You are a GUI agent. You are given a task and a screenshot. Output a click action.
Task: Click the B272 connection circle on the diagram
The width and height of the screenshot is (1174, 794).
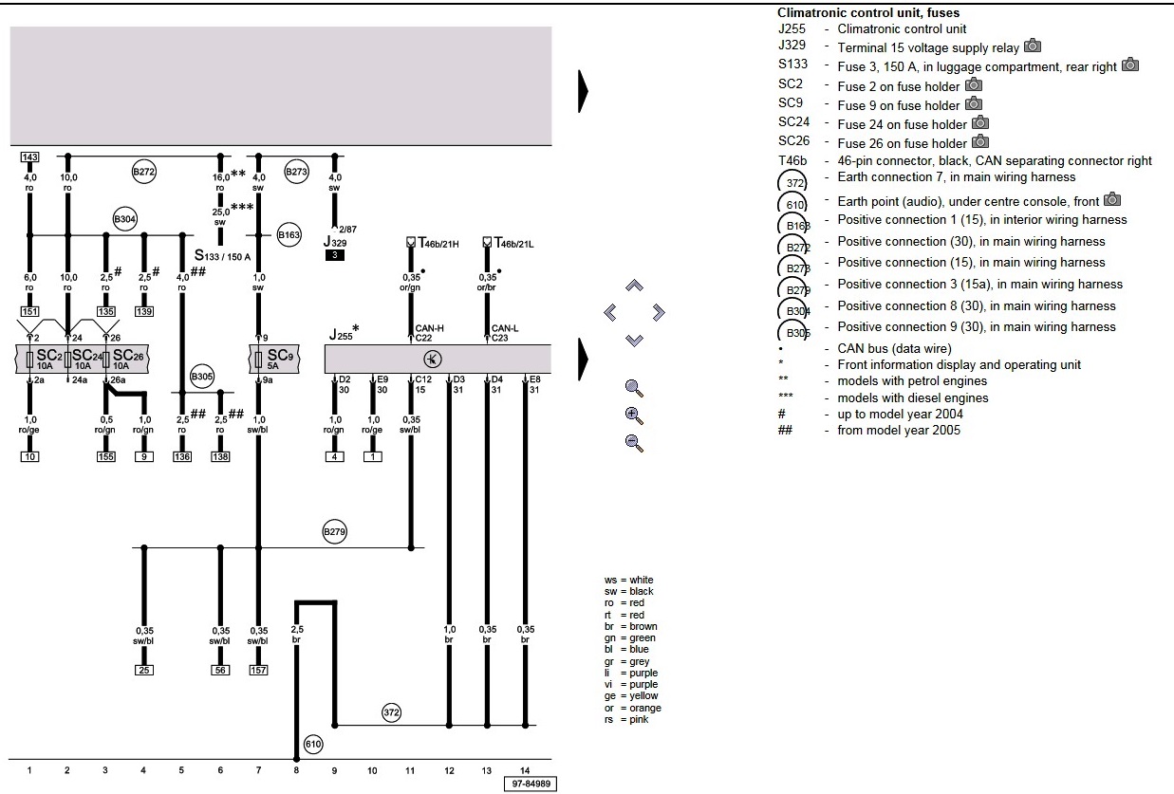pyautogui.click(x=143, y=173)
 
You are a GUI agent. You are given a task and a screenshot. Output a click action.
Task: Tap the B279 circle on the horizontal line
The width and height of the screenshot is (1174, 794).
pyautogui.click(x=333, y=531)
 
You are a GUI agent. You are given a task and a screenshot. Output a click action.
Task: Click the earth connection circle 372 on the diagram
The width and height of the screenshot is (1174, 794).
pyautogui.click(x=392, y=711)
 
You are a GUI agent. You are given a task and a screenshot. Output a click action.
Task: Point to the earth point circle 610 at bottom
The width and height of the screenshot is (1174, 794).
pyautogui.click(x=313, y=745)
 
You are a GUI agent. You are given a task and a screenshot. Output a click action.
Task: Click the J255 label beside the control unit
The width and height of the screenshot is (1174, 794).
pyautogui.click(x=343, y=334)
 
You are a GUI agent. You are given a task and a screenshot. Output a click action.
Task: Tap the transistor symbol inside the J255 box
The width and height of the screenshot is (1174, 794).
pyautogui.click(x=432, y=359)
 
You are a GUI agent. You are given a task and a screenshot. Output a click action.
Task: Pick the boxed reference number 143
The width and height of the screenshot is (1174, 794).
pyautogui.click(x=28, y=156)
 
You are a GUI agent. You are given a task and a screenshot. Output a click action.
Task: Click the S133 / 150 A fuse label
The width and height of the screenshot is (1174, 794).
pyautogui.click(x=222, y=255)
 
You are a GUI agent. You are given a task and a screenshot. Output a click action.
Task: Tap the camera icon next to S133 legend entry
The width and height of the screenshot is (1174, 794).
pyautogui.click(x=1130, y=65)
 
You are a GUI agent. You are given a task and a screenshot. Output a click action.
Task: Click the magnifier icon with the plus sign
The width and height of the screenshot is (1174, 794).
pyautogui.click(x=635, y=415)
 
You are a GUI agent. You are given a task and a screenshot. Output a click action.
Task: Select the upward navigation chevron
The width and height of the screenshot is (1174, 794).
pyautogui.click(x=635, y=285)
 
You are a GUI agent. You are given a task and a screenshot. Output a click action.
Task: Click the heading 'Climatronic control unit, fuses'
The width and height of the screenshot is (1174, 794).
pyautogui.click(x=867, y=13)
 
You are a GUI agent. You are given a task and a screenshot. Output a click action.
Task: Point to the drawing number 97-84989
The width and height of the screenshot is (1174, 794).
pyautogui.click(x=530, y=784)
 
